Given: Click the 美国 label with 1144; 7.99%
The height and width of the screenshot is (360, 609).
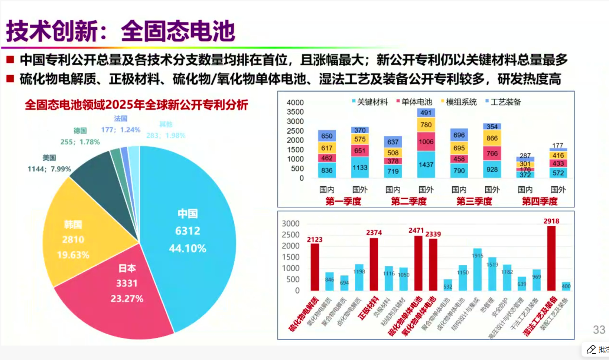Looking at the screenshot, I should point(49,164).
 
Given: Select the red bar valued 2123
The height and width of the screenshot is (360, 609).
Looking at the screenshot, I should point(315,267).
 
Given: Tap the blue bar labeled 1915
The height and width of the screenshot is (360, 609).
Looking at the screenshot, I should point(478,269).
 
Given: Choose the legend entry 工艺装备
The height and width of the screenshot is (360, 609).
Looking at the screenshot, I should point(505,102).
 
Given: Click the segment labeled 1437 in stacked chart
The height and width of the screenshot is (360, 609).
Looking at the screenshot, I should point(426,164).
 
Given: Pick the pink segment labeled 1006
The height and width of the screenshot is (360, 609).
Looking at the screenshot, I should point(426,142).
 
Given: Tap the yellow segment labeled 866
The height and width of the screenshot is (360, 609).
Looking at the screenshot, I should point(492,138).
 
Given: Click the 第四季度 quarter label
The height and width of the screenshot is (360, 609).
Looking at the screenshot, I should point(540,201).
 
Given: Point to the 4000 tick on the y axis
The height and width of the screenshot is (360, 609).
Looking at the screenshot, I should point(295,102).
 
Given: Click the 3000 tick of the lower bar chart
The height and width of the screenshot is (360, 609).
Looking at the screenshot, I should point(290,223).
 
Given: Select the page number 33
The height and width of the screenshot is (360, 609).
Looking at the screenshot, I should point(599,330).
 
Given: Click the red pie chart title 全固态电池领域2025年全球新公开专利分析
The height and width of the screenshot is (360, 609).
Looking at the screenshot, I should point(136,105).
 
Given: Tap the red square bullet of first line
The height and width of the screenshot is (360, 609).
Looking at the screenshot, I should point(10,59).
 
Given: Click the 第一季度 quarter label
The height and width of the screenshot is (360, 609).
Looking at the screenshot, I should point(343,201).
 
